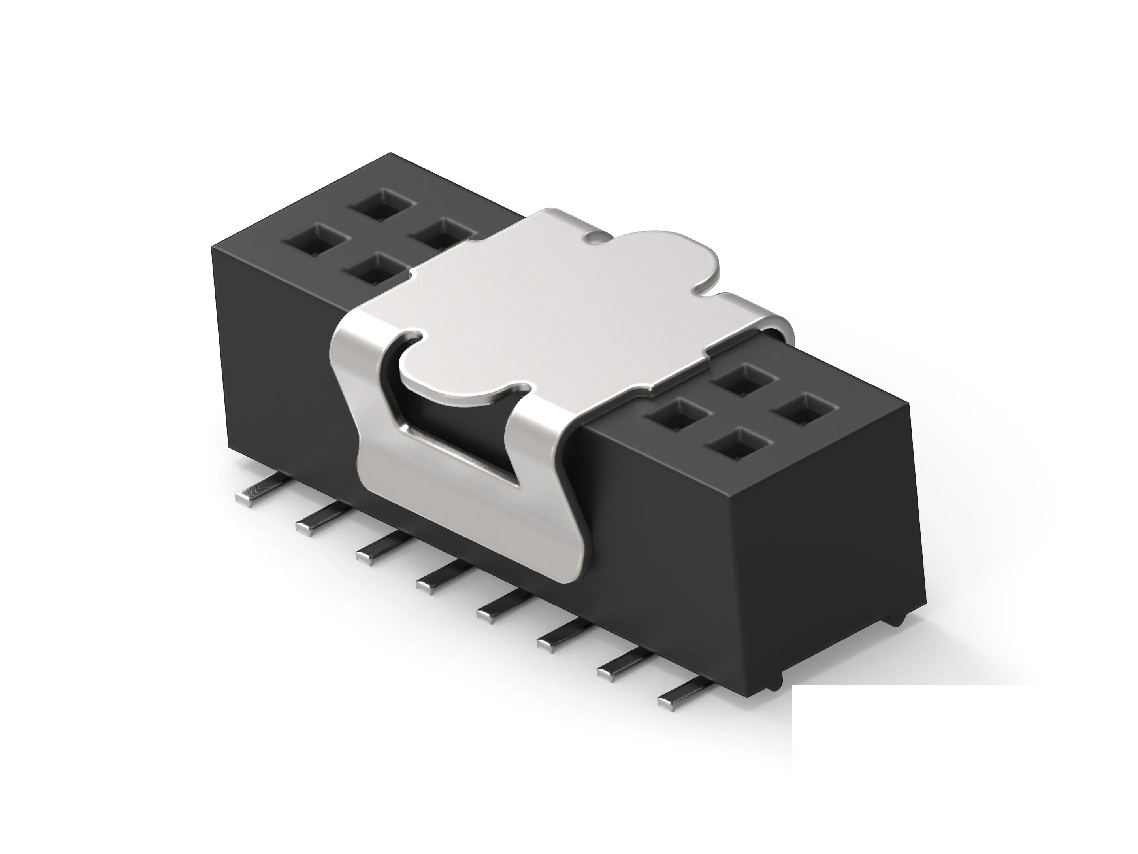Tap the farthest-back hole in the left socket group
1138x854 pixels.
click(382, 204)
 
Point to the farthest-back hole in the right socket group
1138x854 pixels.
click(744, 380)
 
